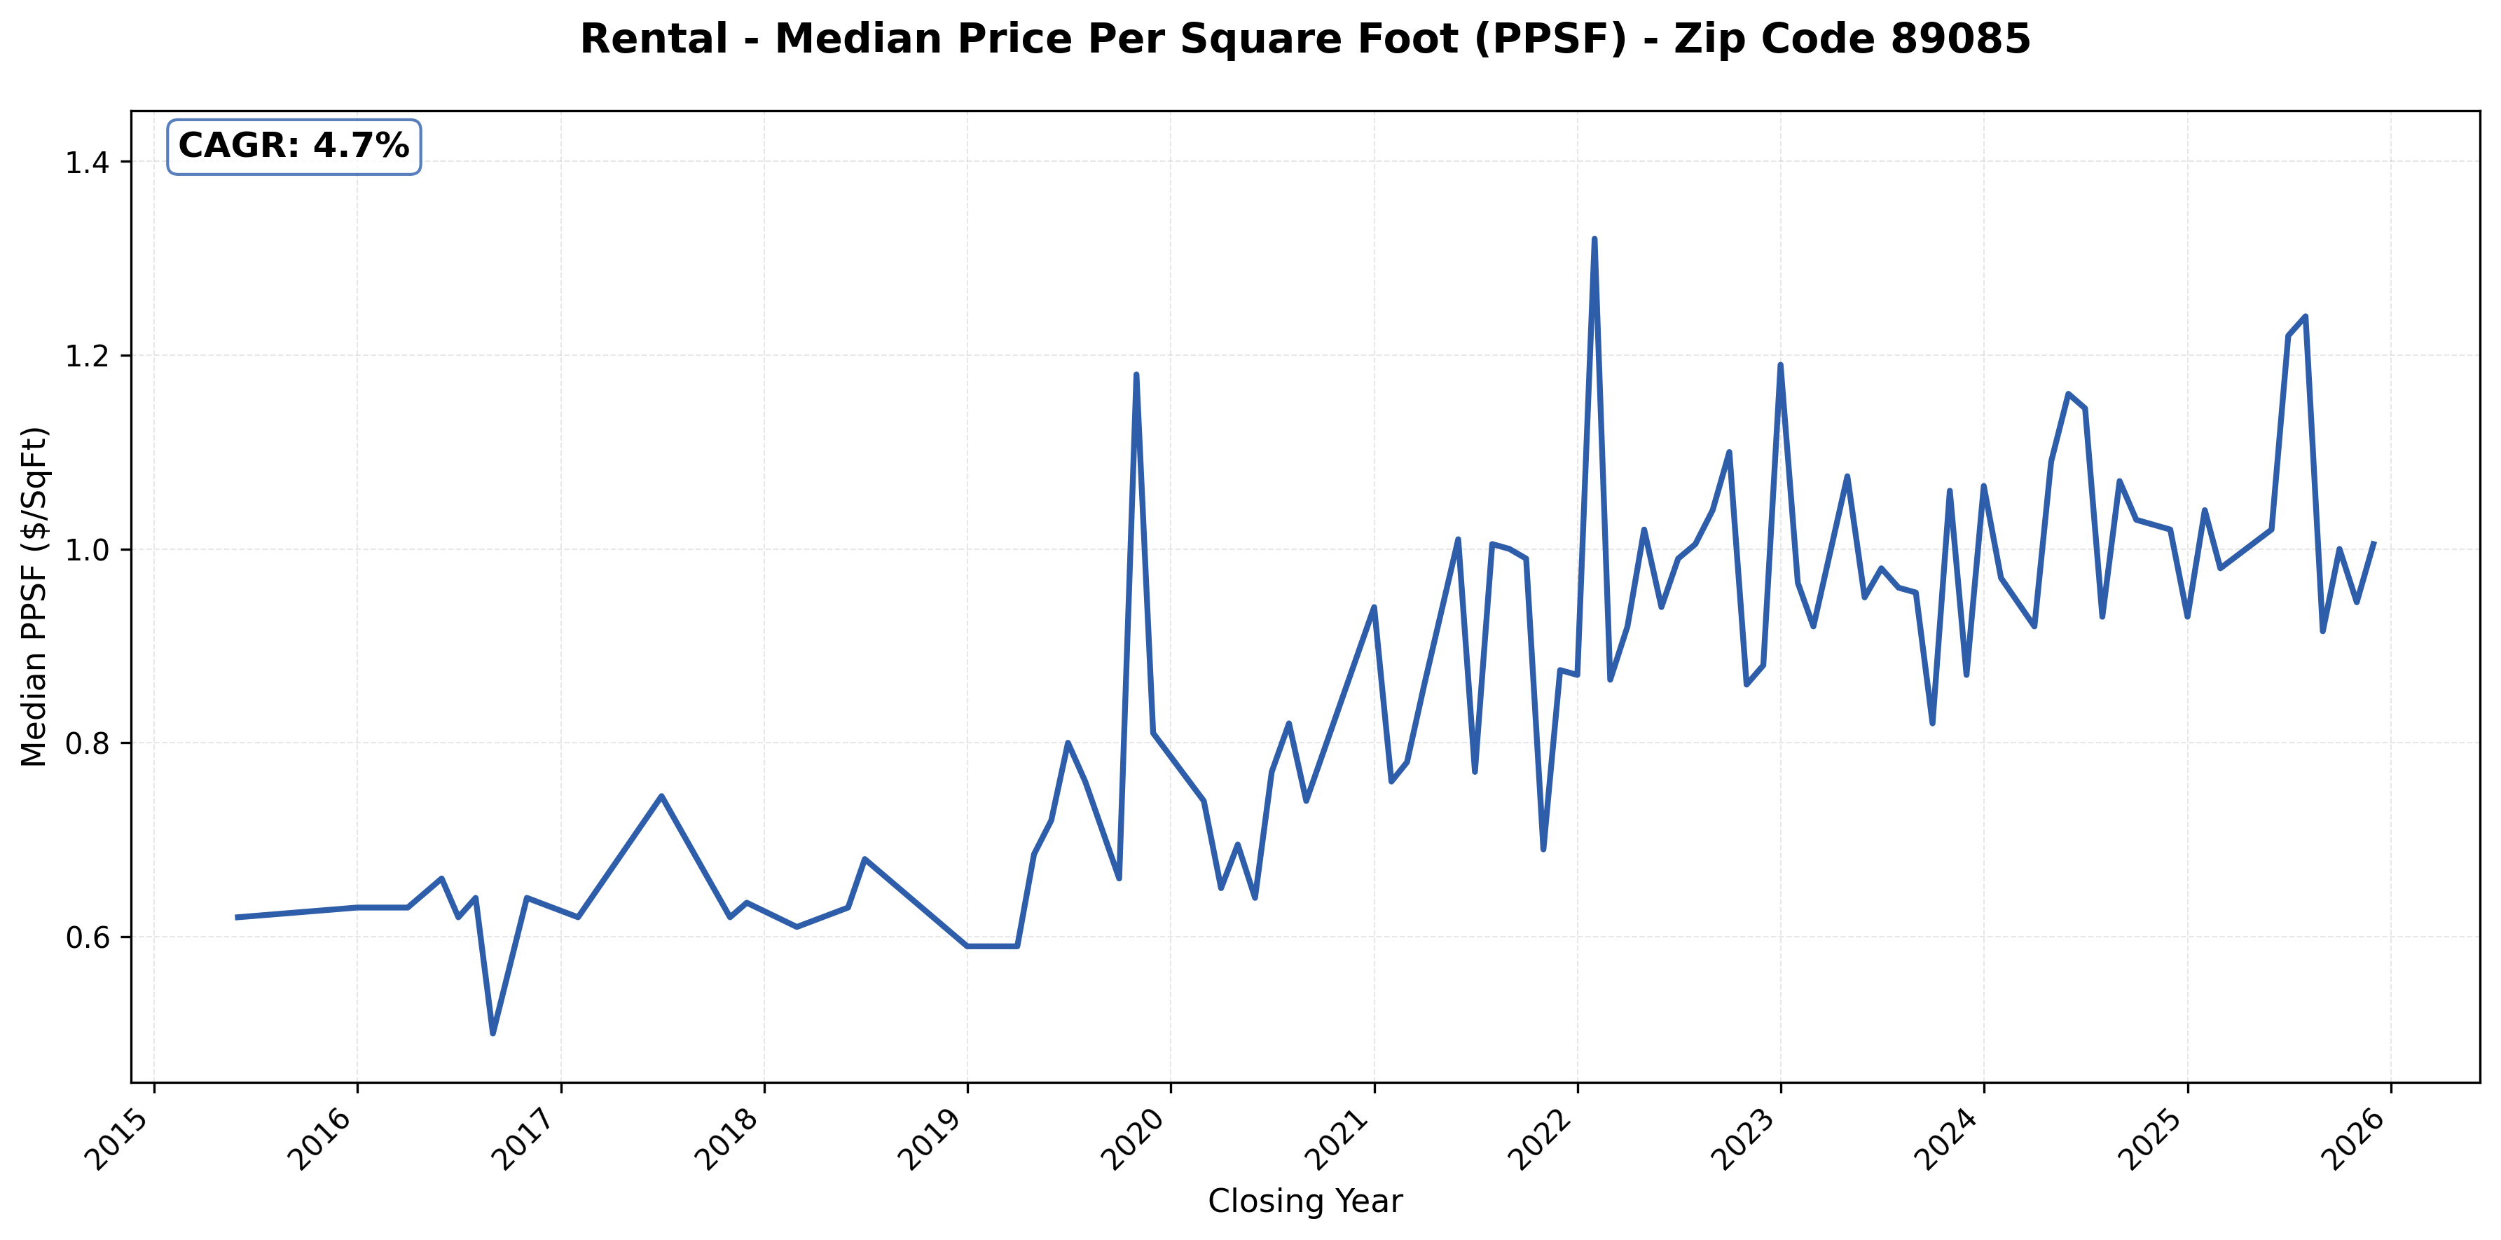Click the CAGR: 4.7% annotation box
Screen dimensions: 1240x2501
(294, 146)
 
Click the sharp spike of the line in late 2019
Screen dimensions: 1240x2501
(1136, 375)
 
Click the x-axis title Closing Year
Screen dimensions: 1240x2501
(1305, 1202)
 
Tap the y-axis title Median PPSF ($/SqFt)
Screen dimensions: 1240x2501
(35, 596)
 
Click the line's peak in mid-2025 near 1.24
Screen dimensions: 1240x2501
(2305, 317)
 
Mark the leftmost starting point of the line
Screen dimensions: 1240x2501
(236, 916)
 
